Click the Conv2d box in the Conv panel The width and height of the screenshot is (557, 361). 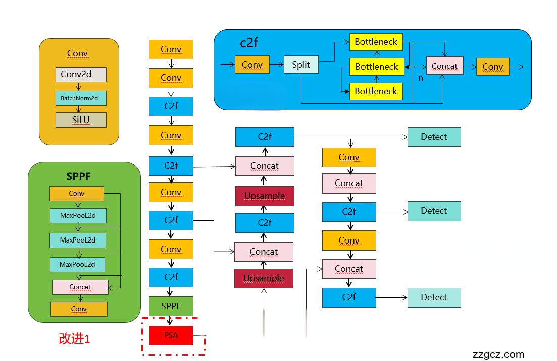pos(81,74)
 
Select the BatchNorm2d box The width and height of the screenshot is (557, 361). pos(81,98)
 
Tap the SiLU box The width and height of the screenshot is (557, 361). pos(81,120)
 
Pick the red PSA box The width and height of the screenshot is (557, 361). pos(171,335)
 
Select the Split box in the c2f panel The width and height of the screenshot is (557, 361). pos(301,65)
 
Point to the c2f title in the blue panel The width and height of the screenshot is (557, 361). pos(248,43)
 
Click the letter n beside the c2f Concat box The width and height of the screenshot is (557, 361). pos(421,78)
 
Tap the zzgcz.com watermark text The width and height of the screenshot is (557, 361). pos(498,354)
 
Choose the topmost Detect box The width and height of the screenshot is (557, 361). pos(434,137)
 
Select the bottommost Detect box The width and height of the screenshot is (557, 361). pos(434,297)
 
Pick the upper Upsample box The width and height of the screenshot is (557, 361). pos(264,196)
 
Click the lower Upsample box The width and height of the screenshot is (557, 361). pos(264,278)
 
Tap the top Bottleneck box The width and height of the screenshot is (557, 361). pos(376,42)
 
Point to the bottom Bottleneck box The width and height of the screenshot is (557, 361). pos(376,91)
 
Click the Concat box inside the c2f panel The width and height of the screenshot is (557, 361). pos(444,66)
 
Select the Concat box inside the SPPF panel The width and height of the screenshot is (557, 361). pos(80,287)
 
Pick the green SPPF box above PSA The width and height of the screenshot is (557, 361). pos(171,306)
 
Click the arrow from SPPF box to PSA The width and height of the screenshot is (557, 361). pos(171,321)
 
